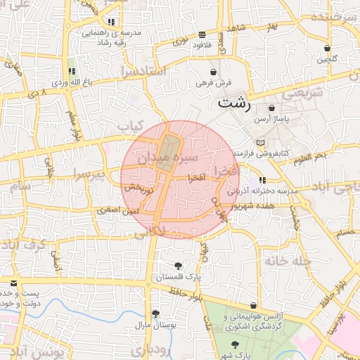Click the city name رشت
coord(234,103)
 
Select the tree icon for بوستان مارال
coord(155,314)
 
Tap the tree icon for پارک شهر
coord(236,345)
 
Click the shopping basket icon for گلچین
coord(327,48)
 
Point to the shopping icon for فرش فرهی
coord(214,72)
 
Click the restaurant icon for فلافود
coord(202,34)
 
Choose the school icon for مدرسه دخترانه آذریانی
coord(262,180)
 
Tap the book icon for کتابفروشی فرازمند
coord(261,142)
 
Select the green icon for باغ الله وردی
coord(71,70)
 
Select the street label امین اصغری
coord(118,210)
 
